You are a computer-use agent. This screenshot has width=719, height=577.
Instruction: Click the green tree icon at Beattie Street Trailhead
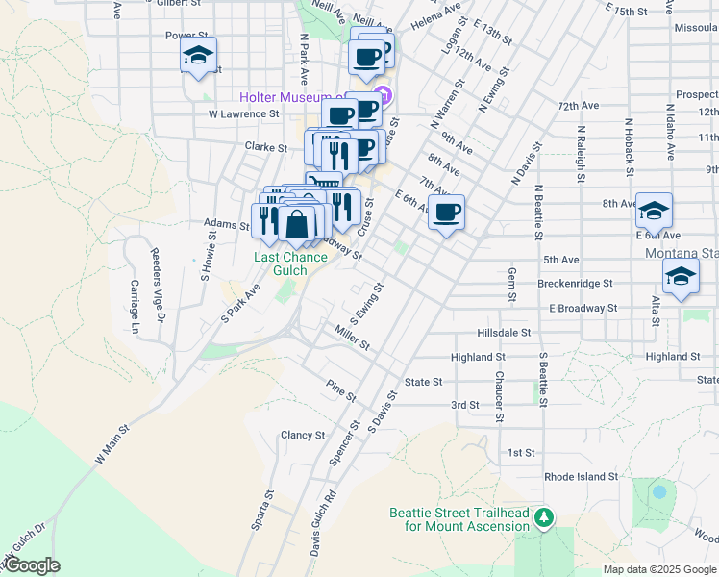(x=545, y=518)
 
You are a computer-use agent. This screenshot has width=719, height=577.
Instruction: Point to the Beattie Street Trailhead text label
(x=459, y=519)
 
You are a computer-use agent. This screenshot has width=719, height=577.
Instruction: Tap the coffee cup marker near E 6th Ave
(x=446, y=212)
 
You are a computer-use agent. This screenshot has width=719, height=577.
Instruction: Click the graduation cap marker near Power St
(x=198, y=55)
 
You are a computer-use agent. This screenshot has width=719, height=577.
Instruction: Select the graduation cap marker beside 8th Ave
(x=654, y=211)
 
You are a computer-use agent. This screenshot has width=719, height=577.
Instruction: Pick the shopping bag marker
(x=298, y=225)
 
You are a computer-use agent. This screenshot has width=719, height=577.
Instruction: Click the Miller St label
(x=352, y=338)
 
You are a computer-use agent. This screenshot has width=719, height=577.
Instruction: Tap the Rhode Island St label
(x=582, y=477)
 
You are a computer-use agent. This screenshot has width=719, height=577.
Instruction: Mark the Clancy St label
(x=303, y=436)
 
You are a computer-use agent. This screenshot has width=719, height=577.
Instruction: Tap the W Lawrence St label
(x=243, y=113)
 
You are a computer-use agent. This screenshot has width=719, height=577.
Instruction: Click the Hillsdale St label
(x=505, y=332)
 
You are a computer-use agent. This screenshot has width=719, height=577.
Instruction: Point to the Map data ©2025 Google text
(x=658, y=569)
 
